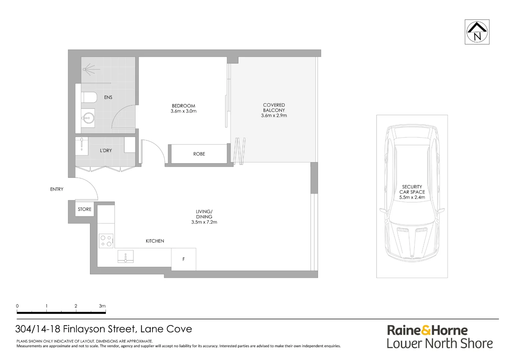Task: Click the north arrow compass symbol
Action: click(477, 32)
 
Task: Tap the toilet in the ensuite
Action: click(89, 97)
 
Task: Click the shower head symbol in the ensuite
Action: click(87, 70)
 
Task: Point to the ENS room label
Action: click(108, 97)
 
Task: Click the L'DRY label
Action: click(106, 151)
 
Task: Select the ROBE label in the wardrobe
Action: click(199, 154)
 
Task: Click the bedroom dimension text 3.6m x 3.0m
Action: click(184, 111)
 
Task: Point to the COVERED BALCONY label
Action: click(274, 108)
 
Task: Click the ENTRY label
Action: click(57, 189)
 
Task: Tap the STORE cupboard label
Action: click(85, 209)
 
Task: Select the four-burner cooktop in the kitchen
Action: click(106, 241)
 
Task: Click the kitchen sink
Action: click(126, 257)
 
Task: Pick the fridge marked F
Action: click(184, 259)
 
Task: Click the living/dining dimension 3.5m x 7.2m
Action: click(204, 222)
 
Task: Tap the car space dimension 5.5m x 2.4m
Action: click(412, 197)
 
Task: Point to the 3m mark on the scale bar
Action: click(103, 306)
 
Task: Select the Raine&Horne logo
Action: click(427, 330)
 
